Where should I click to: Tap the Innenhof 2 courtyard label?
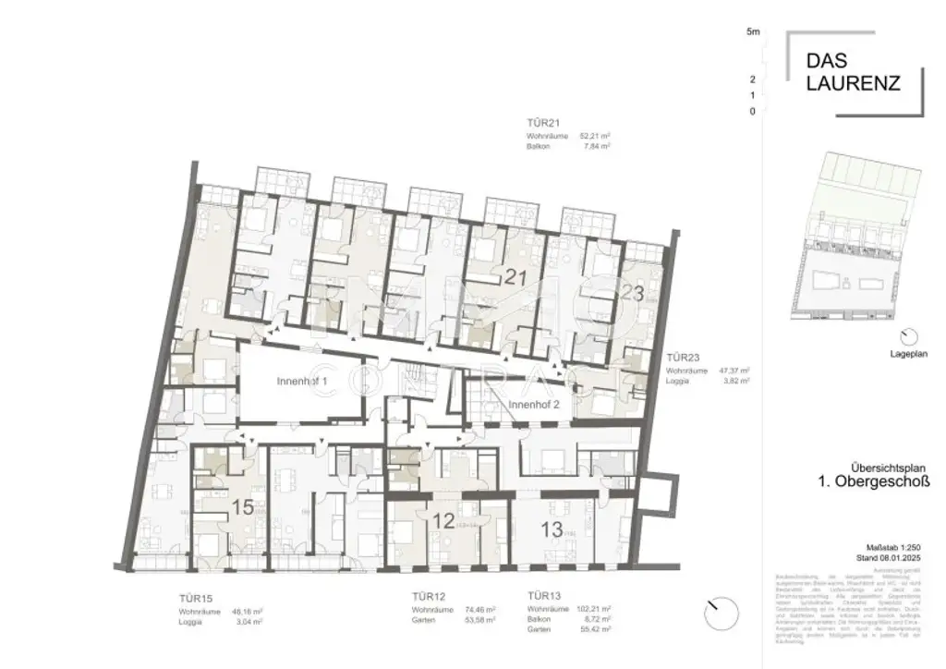coord(533,404)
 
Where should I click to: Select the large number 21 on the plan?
coord(515,274)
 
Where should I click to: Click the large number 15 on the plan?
coord(243,506)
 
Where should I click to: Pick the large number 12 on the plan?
coord(443,521)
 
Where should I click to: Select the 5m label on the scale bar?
coord(753,32)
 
